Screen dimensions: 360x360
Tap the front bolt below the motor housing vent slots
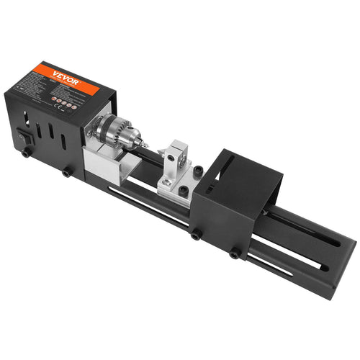[67, 172]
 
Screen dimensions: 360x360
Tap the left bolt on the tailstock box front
[196, 233]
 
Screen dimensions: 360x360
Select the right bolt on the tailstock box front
[235, 253]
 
